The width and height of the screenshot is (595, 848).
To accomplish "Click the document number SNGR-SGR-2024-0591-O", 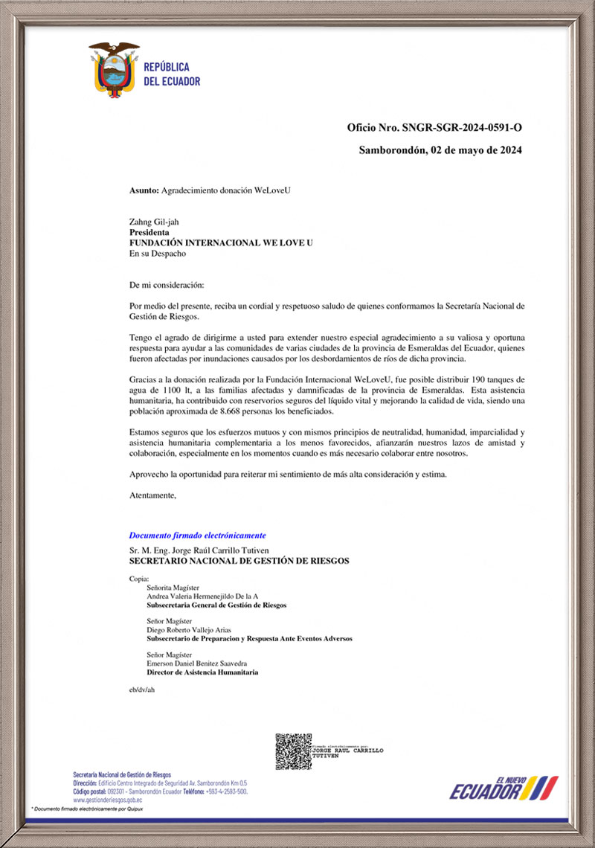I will coord(462,127).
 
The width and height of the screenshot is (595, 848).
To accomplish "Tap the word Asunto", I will coord(144,190).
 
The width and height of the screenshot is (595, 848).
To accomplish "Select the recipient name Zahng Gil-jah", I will coord(154,222).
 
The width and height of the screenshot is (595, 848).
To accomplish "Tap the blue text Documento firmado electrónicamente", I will coord(197,536).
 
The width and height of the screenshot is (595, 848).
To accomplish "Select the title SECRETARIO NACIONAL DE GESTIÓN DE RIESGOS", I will coord(239,561).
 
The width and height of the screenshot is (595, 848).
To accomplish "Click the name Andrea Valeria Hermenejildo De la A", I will coord(202,597).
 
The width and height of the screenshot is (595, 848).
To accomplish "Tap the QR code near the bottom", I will coord(293,751).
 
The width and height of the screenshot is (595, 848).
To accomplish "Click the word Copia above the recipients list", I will coord(139,578).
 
